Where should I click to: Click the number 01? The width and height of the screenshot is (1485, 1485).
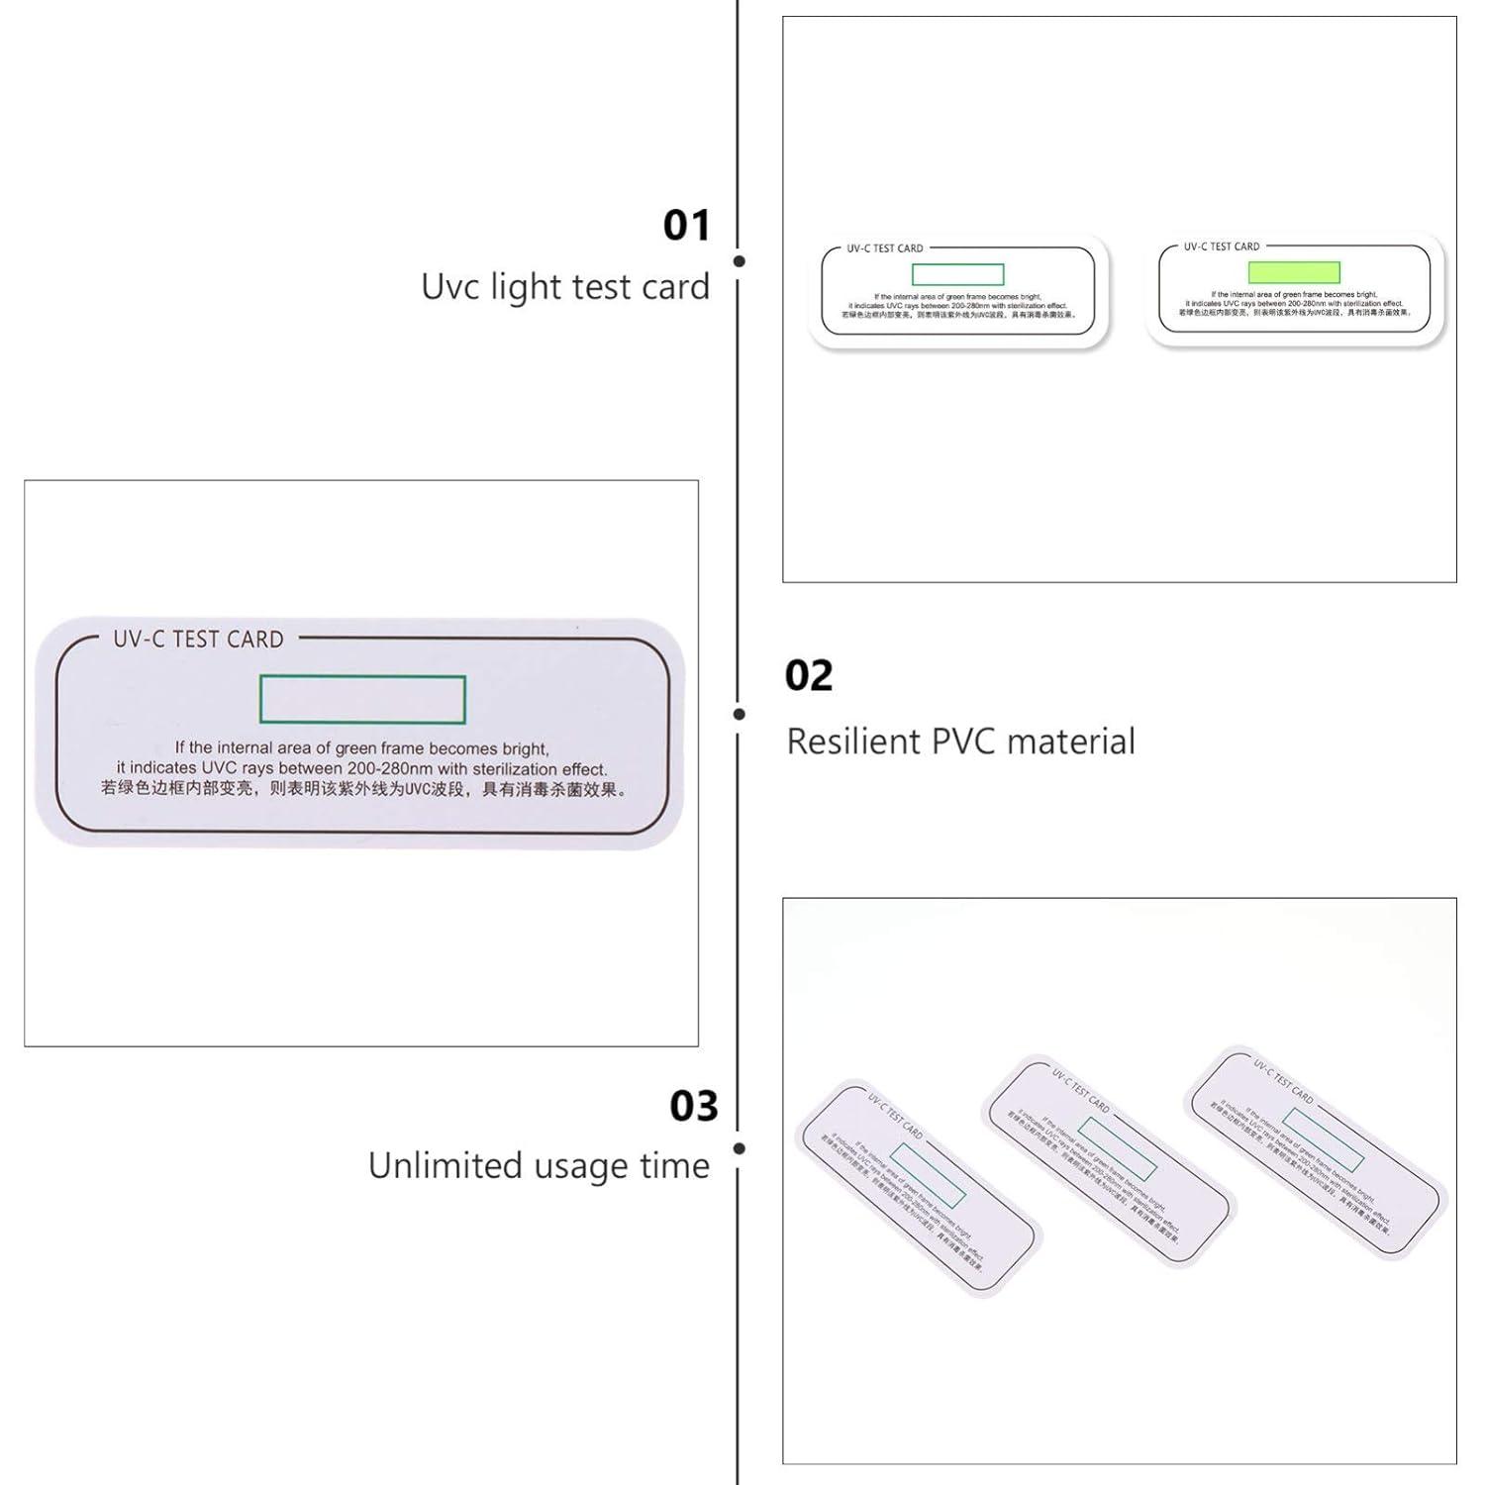coord(686,226)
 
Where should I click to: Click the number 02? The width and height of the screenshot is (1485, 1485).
coord(809,676)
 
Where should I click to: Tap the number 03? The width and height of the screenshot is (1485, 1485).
coord(693,1106)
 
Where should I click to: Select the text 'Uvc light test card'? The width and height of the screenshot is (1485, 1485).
coord(565,287)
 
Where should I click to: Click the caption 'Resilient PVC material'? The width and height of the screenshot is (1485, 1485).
coord(960,742)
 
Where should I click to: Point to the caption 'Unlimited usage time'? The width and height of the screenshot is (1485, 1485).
coord(539,1166)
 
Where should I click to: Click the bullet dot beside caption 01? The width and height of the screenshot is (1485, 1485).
coord(739,261)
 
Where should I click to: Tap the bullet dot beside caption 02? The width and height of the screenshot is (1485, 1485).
coord(739,714)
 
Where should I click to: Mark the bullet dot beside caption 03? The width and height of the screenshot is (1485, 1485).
coord(739,1148)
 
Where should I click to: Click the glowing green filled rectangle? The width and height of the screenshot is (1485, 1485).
coord(1293,272)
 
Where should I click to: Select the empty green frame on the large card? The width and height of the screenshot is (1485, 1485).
coord(362,700)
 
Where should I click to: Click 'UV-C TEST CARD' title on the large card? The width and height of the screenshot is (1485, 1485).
coord(198,640)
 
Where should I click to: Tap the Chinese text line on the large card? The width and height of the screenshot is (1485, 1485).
coord(362,790)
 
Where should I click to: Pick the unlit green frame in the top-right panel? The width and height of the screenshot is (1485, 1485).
coord(957,274)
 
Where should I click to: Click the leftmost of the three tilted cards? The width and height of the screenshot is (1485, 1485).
coord(917,1186)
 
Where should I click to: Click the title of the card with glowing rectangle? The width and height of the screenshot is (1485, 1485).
coord(1222,247)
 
